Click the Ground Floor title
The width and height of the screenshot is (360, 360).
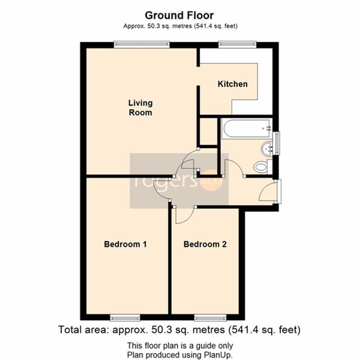[x=179, y=16]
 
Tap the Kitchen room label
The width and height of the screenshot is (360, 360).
[x=233, y=84]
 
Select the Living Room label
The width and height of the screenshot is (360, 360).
[x=140, y=108]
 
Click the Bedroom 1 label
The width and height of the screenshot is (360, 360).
[x=125, y=244]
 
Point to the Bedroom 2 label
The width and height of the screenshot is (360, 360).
[x=205, y=244]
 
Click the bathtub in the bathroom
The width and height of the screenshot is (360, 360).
[x=247, y=129]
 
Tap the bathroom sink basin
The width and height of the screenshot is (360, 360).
[x=266, y=149]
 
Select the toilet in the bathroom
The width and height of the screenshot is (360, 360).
[x=263, y=166]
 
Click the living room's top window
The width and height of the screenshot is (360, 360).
[x=142, y=45]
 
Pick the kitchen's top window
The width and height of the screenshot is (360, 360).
[x=237, y=45]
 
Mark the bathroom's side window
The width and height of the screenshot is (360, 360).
[x=277, y=143]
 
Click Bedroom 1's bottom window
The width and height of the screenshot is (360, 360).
[x=125, y=318]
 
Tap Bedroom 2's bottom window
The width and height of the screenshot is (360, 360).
[x=210, y=318]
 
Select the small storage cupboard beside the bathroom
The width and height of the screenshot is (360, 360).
[x=209, y=131]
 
